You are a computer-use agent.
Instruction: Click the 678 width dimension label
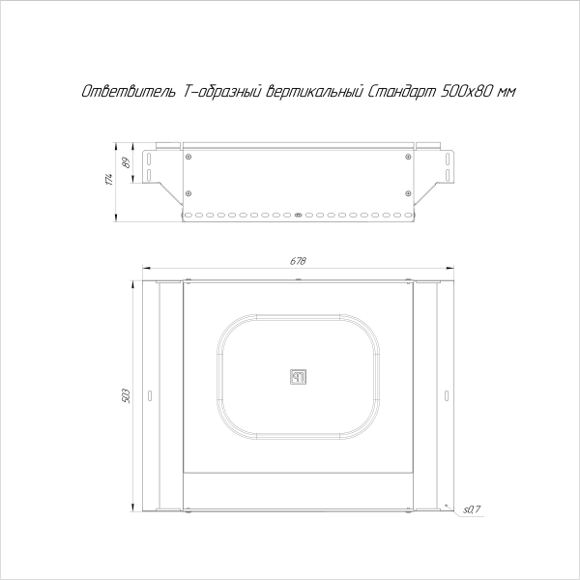298,261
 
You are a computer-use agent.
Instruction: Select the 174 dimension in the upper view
111,179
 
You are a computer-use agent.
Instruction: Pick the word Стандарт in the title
401,92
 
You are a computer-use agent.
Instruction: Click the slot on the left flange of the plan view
150,395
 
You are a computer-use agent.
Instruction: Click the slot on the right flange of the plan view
447,395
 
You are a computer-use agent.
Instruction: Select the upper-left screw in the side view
188,157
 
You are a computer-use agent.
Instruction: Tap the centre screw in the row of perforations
298,214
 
